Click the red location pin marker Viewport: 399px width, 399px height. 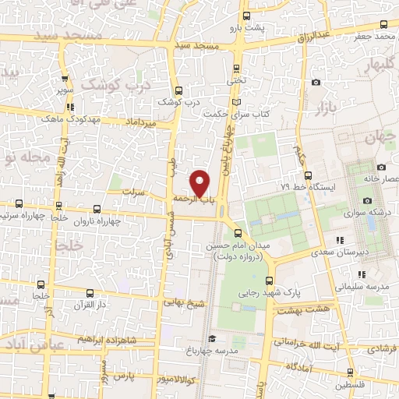coord(200,183)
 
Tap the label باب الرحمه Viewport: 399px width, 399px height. coord(193,199)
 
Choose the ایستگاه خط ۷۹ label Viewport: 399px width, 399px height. coord(306,189)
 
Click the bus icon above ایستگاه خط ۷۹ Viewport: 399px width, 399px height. coord(308,175)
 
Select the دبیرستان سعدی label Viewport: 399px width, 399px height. coord(338,252)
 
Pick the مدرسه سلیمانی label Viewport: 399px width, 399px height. coord(361,286)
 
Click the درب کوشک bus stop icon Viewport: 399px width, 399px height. coord(180,89)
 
